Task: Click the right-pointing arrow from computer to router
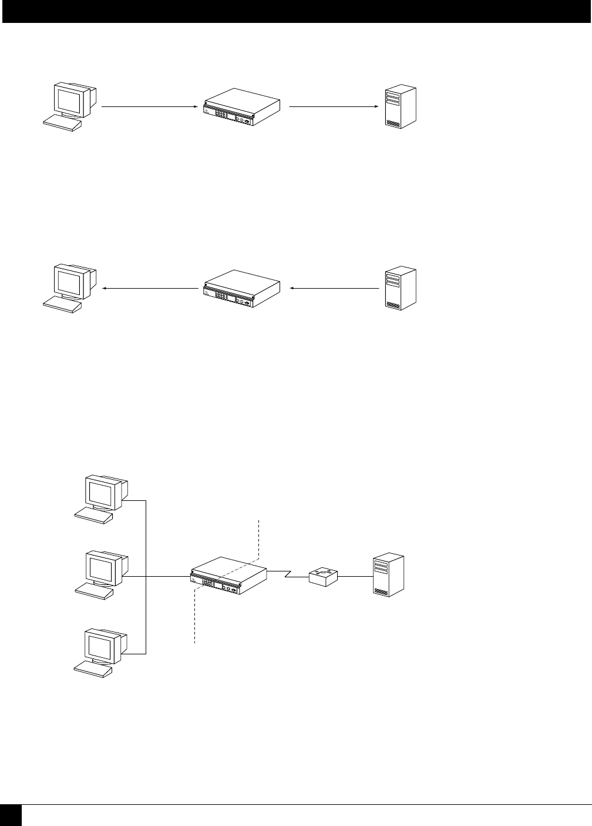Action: (x=149, y=107)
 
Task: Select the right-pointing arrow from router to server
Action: (x=332, y=107)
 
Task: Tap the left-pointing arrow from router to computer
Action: (x=150, y=289)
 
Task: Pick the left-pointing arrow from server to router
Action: (x=335, y=289)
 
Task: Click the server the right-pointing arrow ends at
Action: (x=401, y=107)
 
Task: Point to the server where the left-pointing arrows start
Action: (x=401, y=289)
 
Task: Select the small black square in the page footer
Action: (x=11, y=816)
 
